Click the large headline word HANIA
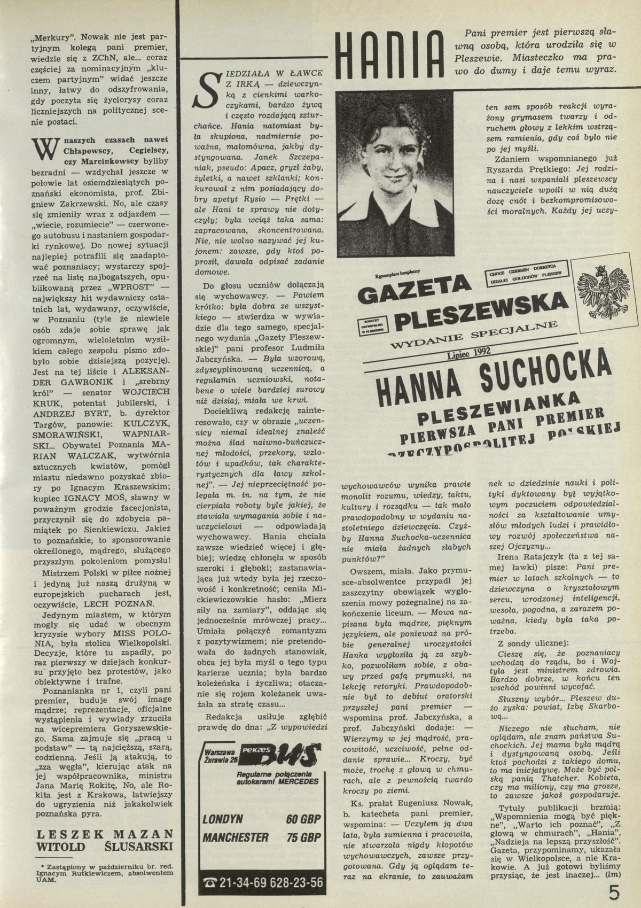tap(393, 56)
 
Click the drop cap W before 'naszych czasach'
tap(42, 149)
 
